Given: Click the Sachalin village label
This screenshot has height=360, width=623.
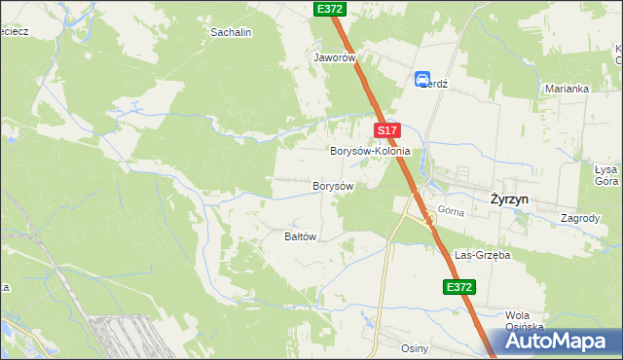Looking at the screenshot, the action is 232,32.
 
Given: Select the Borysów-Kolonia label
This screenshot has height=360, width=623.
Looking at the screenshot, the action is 370,153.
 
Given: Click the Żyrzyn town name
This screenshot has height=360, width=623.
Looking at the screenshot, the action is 510,198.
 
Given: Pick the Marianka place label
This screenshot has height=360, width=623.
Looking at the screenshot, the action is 567,89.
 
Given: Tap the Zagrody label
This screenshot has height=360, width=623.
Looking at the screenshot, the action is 580,218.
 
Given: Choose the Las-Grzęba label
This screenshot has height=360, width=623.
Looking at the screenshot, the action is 483,255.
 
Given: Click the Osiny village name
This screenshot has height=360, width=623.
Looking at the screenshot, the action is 415,347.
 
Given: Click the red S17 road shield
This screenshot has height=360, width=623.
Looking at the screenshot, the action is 386,130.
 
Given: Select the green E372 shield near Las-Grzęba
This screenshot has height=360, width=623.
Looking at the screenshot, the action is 459,287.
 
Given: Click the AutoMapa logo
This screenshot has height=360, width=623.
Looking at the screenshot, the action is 561,342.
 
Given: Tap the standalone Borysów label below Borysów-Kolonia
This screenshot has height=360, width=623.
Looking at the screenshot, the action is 332,185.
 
